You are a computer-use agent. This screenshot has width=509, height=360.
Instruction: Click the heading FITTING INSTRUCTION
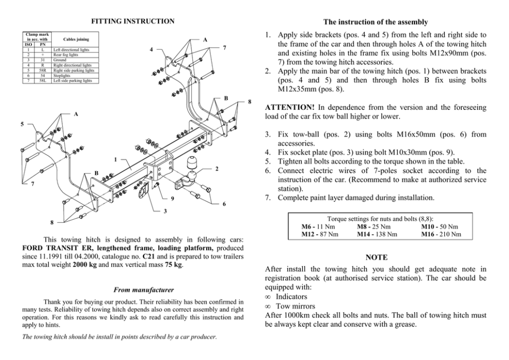pyautogui.click(x=132, y=21)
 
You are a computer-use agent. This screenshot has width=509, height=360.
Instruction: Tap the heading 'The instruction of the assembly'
pyautogui.click(x=376, y=22)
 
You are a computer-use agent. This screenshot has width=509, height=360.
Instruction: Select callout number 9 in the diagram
pyautogui.click(x=172, y=198)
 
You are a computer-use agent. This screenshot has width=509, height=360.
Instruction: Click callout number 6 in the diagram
pyautogui.click(x=224, y=204)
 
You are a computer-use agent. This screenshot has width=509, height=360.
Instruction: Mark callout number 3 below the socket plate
pyautogui.click(x=165, y=211)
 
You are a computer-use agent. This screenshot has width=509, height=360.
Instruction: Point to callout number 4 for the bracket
pyautogui.click(x=151, y=50)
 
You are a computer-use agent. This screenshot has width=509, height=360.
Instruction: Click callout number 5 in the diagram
pyautogui.click(x=21, y=124)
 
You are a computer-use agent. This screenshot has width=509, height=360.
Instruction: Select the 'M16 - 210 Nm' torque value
pyautogui.click(x=440, y=234)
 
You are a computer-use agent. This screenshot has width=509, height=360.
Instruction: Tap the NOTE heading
pyautogui.click(x=376, y=257)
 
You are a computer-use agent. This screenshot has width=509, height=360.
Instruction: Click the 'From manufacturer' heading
pyautogui.click(x=132, y=290)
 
